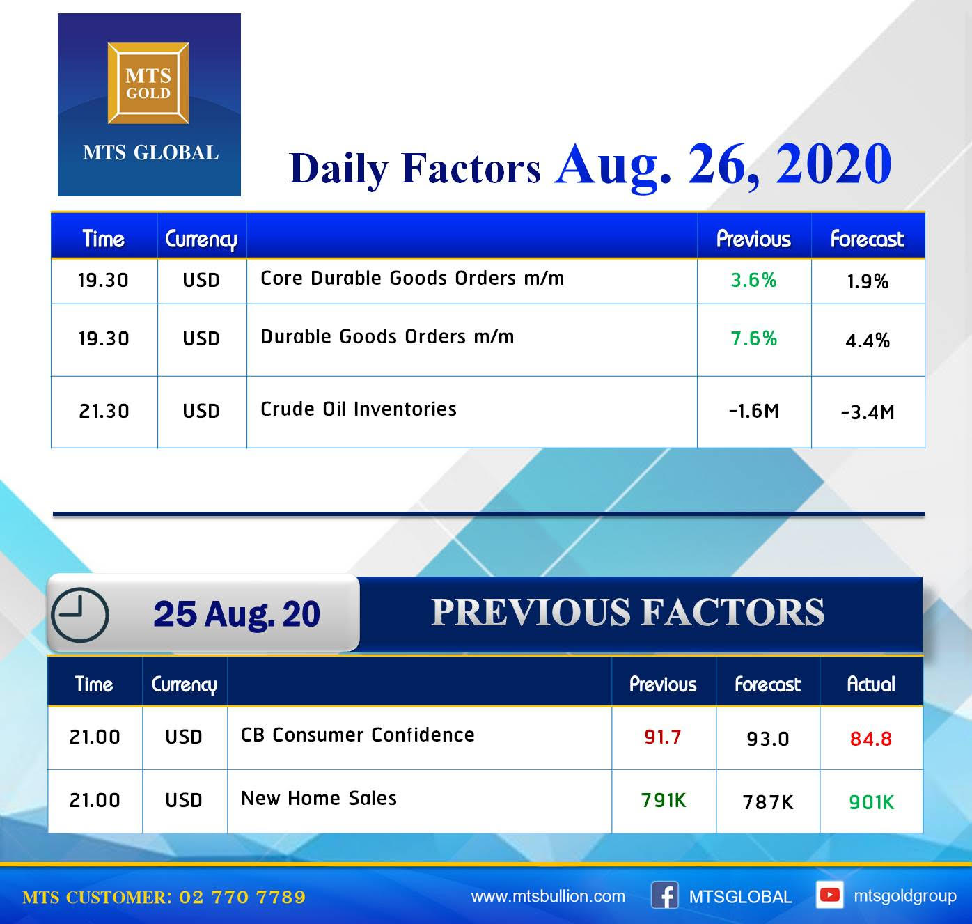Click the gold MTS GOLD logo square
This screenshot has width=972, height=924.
[148, 83]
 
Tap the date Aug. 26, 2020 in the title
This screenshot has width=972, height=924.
[723, 165]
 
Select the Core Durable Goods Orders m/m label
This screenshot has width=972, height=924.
[412, 279]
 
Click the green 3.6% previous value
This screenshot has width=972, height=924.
[753, 281]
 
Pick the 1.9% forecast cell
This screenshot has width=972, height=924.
[868, 282]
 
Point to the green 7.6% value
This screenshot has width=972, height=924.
[753, 339]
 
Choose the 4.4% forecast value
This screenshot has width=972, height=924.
[868, 340]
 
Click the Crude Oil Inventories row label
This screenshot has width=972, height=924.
[359, 409]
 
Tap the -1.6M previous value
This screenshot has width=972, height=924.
[753, 411]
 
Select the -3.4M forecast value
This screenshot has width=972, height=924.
[868, 412]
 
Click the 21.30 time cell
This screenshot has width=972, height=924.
[104, 412]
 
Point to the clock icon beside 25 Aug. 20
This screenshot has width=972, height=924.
[79, 615]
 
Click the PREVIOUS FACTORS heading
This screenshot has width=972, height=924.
[627, 612]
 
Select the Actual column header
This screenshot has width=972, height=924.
[870, 684]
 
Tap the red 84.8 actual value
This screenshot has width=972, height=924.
[870, 739]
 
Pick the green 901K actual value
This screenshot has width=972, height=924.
[871, 802]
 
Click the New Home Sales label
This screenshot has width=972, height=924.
[319, 799]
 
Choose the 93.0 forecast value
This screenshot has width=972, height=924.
[767, 739]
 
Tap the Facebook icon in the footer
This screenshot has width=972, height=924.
[664, 895]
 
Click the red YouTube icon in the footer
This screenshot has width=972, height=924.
[829, 895]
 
